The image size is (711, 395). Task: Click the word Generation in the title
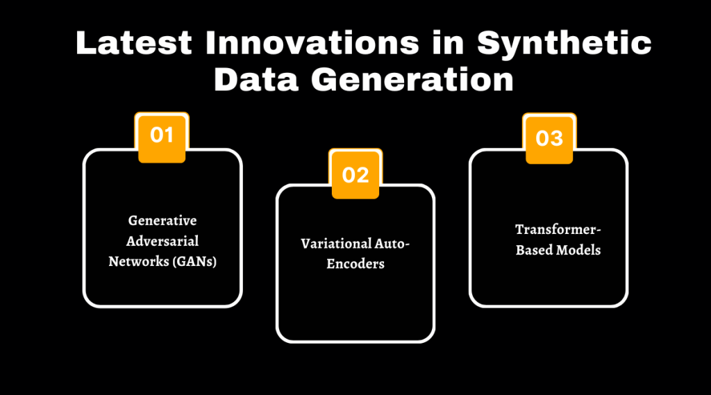coord(412,79)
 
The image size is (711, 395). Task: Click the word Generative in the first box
coord(162,221)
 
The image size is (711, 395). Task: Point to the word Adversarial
coord(162,242)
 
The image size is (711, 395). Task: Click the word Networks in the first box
coord(135,262)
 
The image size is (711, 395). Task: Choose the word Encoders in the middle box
coord(355,264)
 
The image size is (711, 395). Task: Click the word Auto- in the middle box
coord(385,244)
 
